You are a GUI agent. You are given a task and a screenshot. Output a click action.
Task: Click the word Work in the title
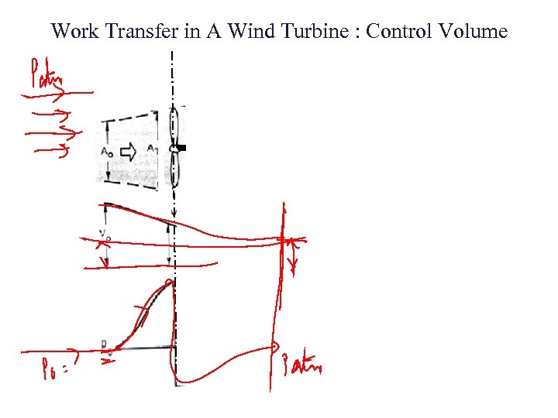click(74, 32)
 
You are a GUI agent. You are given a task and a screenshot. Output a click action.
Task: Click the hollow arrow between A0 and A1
click(129, 152)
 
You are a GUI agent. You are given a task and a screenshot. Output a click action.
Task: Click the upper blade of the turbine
click(174, 125)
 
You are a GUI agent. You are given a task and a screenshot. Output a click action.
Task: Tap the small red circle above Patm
click(274, 348)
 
